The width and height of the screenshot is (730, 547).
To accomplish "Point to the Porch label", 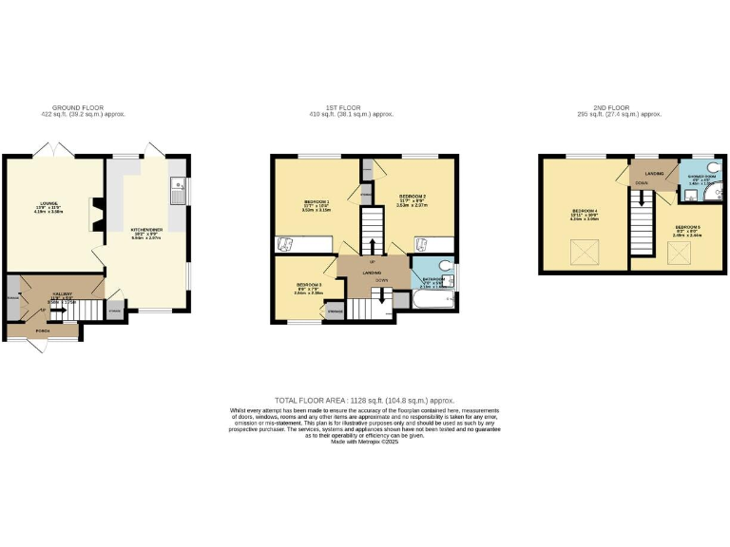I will point(41,331).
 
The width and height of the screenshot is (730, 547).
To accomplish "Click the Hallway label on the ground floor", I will point(63,296).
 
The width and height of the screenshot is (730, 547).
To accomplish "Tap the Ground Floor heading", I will point(78,108).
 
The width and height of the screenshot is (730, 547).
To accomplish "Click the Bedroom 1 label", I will point(317,203).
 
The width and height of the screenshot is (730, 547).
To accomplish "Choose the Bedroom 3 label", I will point(309,286).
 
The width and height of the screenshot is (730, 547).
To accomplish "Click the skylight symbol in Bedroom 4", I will point(576,252).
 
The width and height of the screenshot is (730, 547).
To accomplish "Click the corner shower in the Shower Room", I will point(713,198).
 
